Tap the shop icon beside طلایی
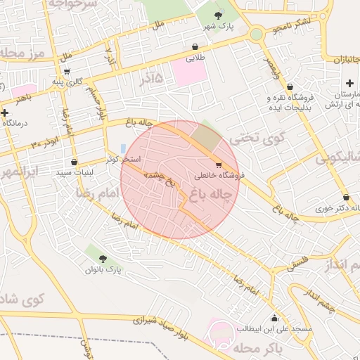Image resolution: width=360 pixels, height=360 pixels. (x=195, y=47)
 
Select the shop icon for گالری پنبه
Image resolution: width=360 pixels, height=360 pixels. (x=67, y=71)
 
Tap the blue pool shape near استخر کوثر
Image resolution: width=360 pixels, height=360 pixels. (x=124, y=149)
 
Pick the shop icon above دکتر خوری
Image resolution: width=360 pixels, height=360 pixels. (x=346, y=198)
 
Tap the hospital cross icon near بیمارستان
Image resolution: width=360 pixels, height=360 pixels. (x=349, y=84)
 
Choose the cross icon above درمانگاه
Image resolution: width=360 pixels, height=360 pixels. (x=5, y=112)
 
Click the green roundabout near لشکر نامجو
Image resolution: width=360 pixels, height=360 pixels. (x=257, y=34)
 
